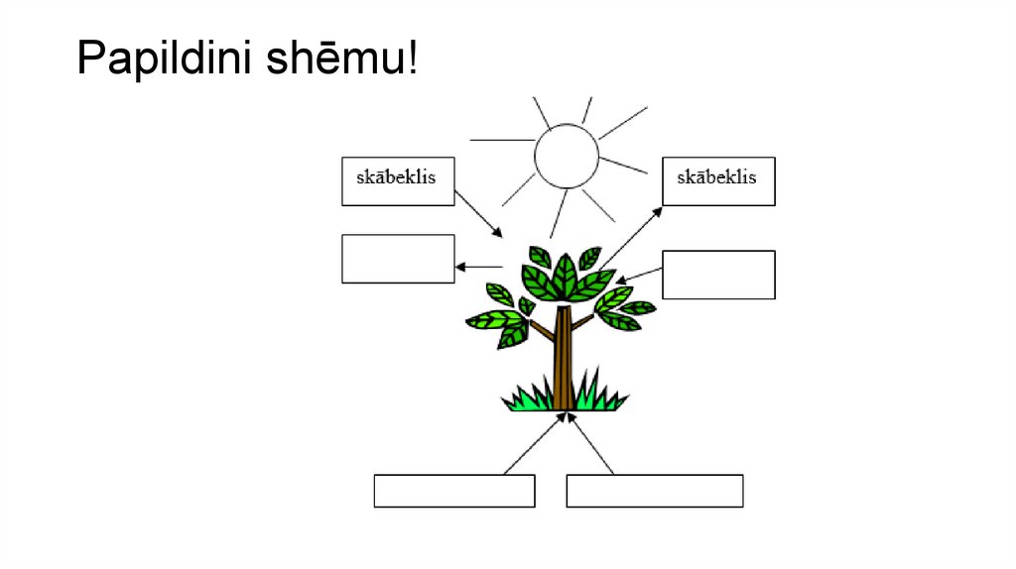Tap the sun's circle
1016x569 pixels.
[567, 157]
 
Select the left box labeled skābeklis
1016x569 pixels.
[398, 181]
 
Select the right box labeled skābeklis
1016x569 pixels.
[718, 181]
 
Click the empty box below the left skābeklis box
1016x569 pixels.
[398, 259]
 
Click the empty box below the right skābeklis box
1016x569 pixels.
[718, 275]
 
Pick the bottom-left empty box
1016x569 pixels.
[454, 491]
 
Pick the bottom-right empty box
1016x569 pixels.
[655, 491]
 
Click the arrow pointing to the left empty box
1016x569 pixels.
[478, 266]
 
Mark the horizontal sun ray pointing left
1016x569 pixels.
[501, 140]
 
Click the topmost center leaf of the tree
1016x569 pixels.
[565, 271]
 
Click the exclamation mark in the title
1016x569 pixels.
[410, 60]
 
